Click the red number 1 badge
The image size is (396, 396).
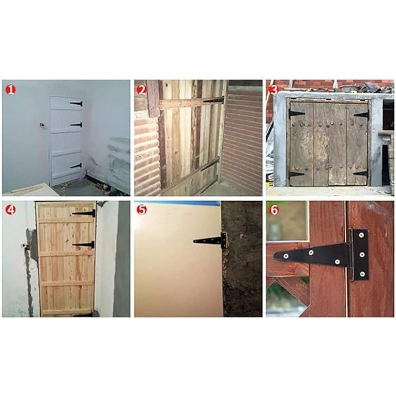click(11, 90)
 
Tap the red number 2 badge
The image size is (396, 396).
click(142, 90)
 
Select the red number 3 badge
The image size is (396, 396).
click(274, 90)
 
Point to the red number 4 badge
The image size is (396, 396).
click(11, 210)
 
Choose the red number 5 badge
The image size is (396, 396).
click(142, 210)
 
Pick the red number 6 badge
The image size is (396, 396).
click(274, 210)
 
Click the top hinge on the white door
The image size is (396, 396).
click(76, 104)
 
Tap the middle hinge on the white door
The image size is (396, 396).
click(76, 125)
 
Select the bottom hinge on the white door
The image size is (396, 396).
click(76, 166)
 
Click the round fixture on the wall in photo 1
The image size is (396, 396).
click(42, 124)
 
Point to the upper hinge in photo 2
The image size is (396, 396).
click(214, 100)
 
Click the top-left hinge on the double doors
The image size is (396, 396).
click(296, 113)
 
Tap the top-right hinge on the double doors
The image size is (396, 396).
click(361, 114)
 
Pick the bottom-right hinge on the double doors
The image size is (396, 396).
click(361, 173)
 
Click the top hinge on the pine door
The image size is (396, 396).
click(83, 213)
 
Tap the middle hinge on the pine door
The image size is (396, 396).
click(83, 245)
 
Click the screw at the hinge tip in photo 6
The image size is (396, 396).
click(285, 256)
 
